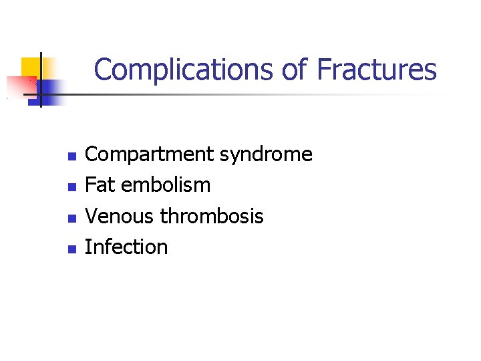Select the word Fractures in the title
pos(377,70)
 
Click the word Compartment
pos(150,155)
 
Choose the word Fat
pos(100,185)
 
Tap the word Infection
pos(127,247)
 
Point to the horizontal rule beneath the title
pos(254,95)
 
